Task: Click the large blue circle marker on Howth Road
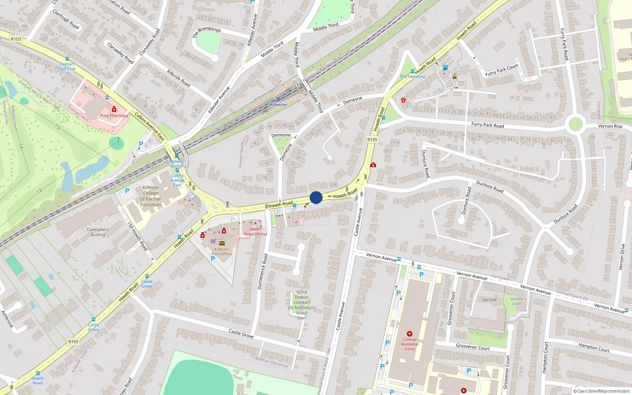pyautogui.click(x=316, y=197)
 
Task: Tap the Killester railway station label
pyautogui.click(x=278, y=105)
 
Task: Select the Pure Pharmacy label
pyautogui.click(x=114, y=116)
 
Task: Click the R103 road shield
pyautogui.click(x=16, y=39)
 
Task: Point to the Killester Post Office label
pyautogui.click(x=222, y=251)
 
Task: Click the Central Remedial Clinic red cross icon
pyautogui.click(x=410, y=334)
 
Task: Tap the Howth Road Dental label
pyautogui.click(x=255, y=231)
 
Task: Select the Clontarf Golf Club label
pyautogui.click(x=67, y=66)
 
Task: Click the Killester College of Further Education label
pyautogui.click(x=150, y=196)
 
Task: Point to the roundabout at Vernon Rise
pyautogui.click(x=576, y=124)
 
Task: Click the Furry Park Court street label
pyautogui.click(x=501, y=70)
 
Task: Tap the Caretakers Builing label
pyautogui.click(x=98, y=232)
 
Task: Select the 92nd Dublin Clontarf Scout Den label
pyautogui.click(x=302, y=305)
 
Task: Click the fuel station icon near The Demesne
pyautogui.click(x=446, y=68)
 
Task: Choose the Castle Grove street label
pyautogui.click(x=241, y=334)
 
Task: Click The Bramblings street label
pyautogui.click(x=206, y=32)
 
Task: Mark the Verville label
pyautogui.click(x=489, y=300)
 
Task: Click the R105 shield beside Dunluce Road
pyautogui.click(x=372, y=139)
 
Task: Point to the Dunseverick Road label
pyautogui.click(x=262, y=272)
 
